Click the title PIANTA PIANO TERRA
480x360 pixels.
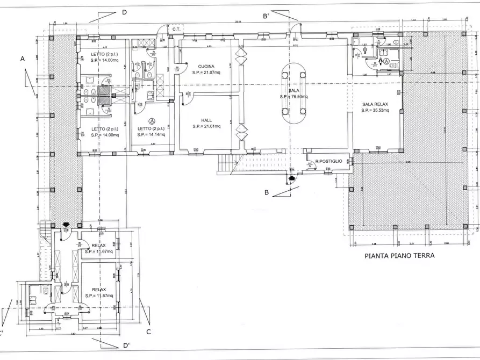coord(399,256)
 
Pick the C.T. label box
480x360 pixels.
coord(175,28)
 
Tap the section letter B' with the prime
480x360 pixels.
coord(266,17)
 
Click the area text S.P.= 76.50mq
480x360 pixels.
coord(293,97)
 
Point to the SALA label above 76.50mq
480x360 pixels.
coord(293,91)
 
